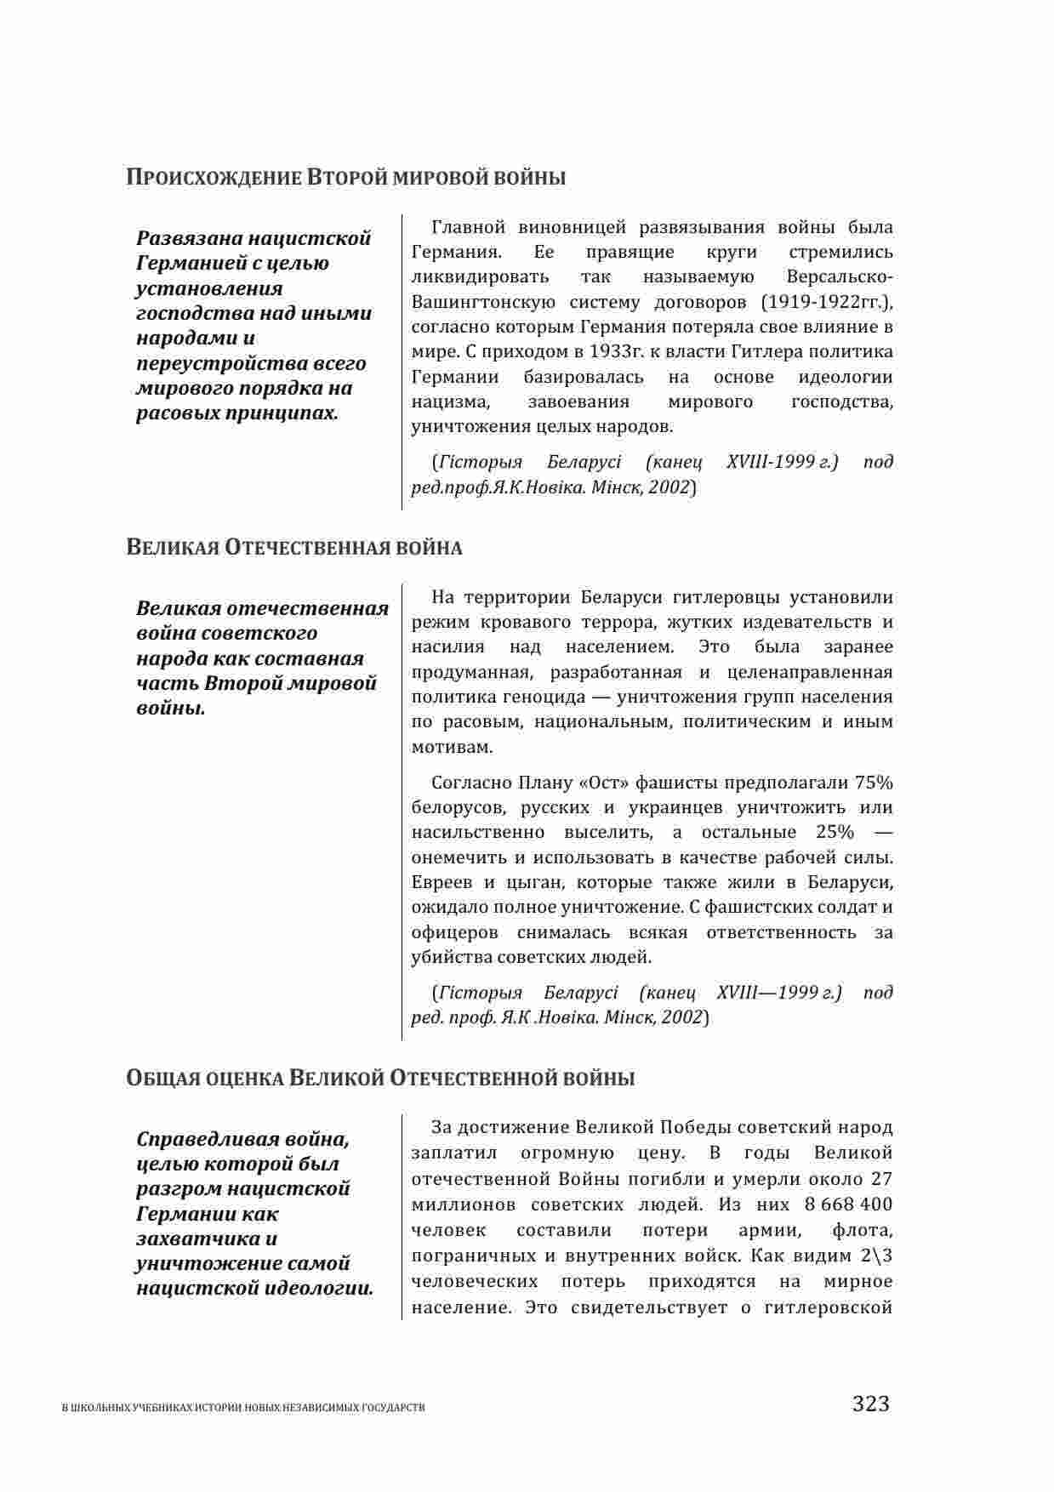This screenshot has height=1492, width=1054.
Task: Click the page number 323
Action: point(870,1403)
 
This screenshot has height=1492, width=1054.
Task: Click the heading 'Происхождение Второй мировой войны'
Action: point(345,178)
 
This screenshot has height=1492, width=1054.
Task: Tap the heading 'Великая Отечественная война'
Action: point(294,547)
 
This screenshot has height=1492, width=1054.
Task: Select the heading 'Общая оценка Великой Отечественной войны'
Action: point(380,1079)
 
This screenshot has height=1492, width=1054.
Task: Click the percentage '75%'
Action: point(874,783)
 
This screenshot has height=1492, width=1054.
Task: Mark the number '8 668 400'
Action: point(847,1204)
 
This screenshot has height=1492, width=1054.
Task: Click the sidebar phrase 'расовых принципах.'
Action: point(237,413)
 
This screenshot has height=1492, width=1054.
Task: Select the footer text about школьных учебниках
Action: point(244,1408)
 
